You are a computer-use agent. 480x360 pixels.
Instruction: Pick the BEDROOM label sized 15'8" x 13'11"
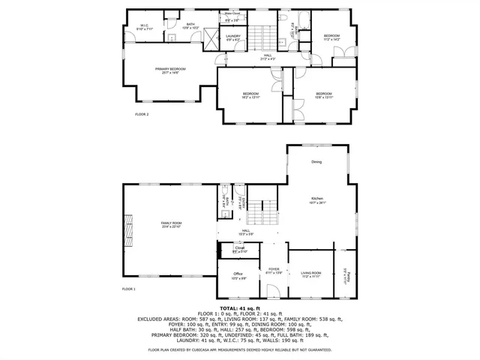323,95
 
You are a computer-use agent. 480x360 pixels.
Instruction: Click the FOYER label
274,269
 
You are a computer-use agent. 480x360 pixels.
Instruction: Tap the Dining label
316,162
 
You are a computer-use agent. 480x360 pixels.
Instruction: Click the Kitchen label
316,199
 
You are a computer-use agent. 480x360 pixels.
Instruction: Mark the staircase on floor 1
262,211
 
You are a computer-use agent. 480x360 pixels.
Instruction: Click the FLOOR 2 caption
142,114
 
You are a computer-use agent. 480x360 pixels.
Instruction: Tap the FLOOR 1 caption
129,289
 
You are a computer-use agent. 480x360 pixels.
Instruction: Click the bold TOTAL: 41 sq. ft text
239,307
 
